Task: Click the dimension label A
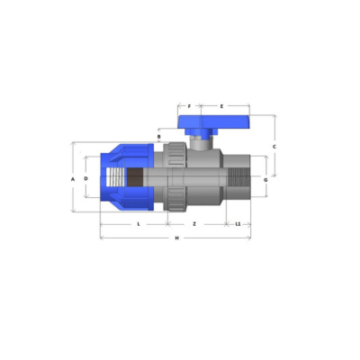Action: pyautogui.click(x=73, y=179)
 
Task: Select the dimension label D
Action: pyautogui.click(x=86, y=179)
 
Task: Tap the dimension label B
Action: pyautogui.click(x=159, y=137)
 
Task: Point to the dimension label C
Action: pyautogui.click(x=274, y=147)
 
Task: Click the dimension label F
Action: pyautogui.click(x=189, y=106)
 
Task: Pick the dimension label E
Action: pyautogui.click(x=221, y=106)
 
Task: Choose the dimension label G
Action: pyautogui.click(x=265, y=180)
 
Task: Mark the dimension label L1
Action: pyautogui.click(x=238, y=224)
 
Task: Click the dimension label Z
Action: pyautogui.click(x=194, y=224)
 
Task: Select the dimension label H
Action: pyautogui.click(x=177, y=238)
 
